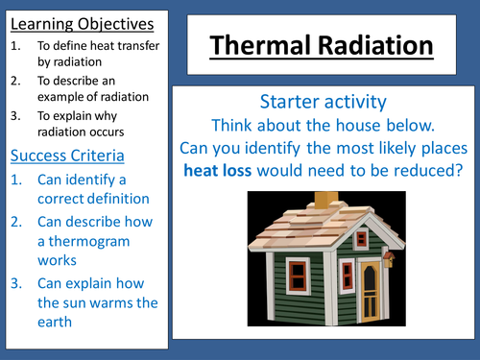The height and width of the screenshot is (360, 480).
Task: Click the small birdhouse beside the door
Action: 389,257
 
